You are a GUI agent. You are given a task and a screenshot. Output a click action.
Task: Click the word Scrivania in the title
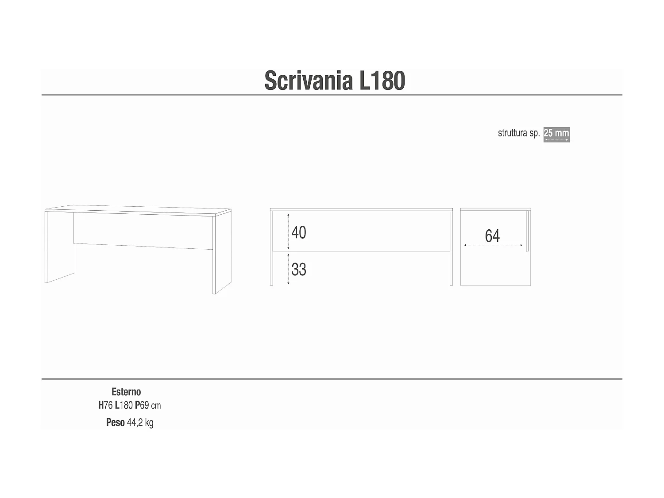[308, 81]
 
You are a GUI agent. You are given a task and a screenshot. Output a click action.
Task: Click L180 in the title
[382, 81]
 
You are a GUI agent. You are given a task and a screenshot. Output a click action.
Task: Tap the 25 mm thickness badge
[556, 134]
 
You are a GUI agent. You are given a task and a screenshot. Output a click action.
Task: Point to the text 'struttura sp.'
[519, 133]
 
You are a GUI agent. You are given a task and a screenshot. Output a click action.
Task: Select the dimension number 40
[299, 232]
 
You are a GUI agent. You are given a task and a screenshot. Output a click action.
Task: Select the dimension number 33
[299, 269]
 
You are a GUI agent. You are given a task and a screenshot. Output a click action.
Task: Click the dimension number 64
[492, 236]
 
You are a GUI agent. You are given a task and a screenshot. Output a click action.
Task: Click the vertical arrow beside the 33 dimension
[289, 269]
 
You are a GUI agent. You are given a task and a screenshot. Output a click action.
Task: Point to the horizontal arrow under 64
[494, 245]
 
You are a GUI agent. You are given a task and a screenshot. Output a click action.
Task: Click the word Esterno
[126, 392]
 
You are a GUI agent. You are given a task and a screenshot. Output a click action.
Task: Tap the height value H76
[105, 405]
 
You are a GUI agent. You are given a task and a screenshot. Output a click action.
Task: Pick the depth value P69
[142, 405]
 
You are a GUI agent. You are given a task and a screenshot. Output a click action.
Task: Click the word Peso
[115, 423]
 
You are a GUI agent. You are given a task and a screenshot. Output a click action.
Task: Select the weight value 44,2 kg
[140, 423]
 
